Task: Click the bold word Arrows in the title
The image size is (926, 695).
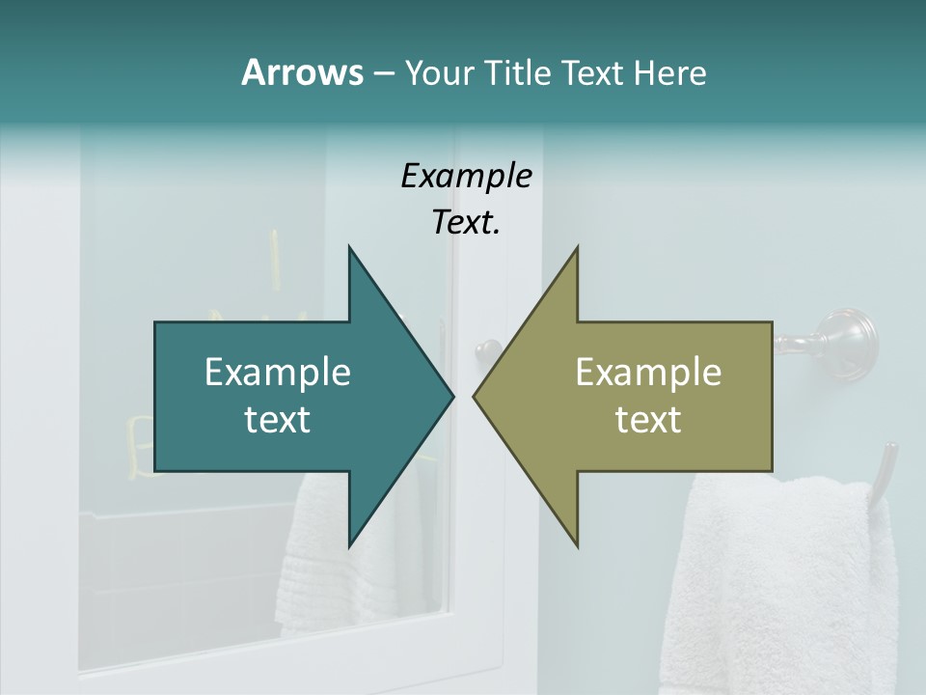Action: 302,72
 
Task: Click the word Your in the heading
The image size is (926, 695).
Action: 441,72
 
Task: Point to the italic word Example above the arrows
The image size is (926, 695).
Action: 466,176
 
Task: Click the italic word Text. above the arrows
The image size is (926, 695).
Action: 466,223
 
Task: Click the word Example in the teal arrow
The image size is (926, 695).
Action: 278,372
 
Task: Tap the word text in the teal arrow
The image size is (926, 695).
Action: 278,419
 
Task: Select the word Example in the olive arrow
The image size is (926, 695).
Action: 648,372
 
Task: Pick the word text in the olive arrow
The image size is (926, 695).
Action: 648,419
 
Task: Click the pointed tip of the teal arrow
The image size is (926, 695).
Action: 452,396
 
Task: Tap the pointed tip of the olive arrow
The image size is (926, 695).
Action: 474,396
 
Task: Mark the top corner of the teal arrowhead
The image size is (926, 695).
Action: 349,247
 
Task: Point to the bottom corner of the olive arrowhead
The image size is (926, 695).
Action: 577,546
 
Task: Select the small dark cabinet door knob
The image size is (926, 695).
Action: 489,348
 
